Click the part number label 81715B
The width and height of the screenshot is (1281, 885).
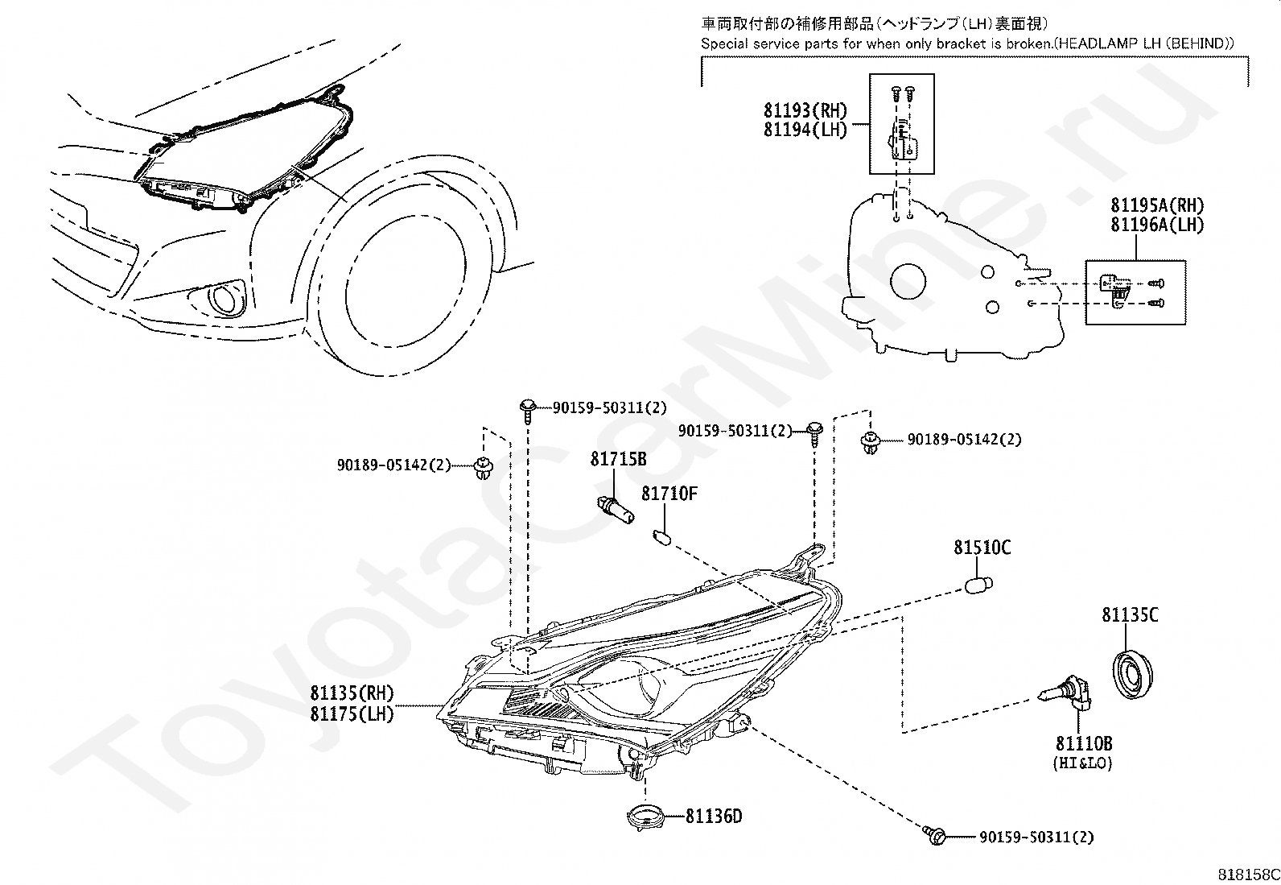tap(618, 459)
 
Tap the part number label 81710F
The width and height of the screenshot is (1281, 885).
tap(669, 493)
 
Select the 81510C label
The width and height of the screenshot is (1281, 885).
tap(982, 548)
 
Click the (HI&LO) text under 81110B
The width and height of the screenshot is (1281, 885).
tap(1082, 763)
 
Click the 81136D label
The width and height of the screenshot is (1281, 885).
tap(714, 817)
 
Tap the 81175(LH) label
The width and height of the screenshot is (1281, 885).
tap(352, 713)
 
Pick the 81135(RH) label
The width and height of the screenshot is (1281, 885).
tap(352, 693)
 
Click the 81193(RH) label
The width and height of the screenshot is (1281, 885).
tap(805, 110)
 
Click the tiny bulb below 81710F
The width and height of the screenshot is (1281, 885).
tap(665, 536)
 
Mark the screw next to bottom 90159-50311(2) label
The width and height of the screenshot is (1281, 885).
tap(935, 834)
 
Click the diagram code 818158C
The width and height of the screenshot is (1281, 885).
tap(1247, 874)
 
